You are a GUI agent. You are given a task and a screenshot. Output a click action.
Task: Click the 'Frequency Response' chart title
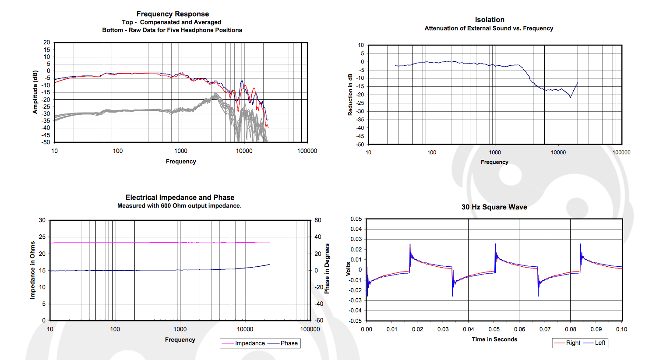[173, 14]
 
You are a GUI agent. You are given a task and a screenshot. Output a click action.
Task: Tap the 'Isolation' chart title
[490, 20]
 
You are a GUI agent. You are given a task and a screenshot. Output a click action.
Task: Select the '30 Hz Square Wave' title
[494, 207]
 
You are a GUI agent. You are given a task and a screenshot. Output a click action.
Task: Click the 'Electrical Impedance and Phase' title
[180, 198]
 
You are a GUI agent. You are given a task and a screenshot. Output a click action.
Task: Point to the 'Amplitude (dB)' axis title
[35, 92]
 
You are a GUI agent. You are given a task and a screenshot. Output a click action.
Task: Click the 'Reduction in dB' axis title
[350, 95]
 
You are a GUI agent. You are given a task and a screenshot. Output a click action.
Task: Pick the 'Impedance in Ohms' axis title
[32, 270]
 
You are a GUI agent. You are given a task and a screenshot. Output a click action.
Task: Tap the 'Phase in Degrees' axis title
[327, 268]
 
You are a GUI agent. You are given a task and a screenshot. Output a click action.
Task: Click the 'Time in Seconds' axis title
[494, 339]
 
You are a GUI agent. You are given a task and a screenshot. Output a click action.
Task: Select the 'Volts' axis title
[349, 268]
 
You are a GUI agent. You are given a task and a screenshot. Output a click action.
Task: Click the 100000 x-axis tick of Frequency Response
[307, 151]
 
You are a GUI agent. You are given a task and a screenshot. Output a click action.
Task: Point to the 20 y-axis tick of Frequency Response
[47, 42]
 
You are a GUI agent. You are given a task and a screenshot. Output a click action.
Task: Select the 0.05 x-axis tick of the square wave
[494, 329]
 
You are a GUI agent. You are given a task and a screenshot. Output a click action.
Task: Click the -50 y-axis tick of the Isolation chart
[360, 145]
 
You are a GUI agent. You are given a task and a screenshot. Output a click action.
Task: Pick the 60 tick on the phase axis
[318, 220]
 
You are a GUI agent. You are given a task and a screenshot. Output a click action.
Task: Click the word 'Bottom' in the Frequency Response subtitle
[113, 30]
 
